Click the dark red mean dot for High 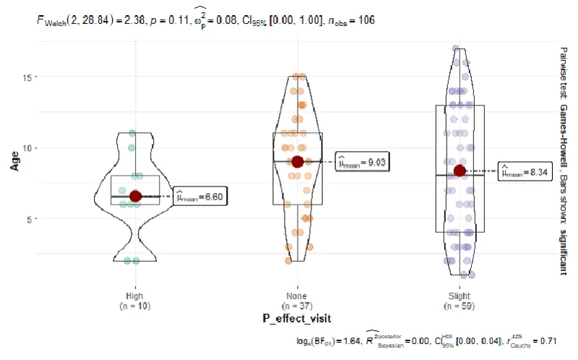(x=135, y=196)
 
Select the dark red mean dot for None (x=297, y=161)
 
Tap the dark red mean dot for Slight (x=460, y=171)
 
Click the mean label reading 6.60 (x=200, y=196)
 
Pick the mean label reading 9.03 (x=363, y=162)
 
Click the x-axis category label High (x=135, y=296)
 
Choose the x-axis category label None (x=297, y=296)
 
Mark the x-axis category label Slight (x=460, y=296)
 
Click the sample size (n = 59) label (x=460, y=306)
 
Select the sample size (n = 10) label (x=135, y=306)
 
